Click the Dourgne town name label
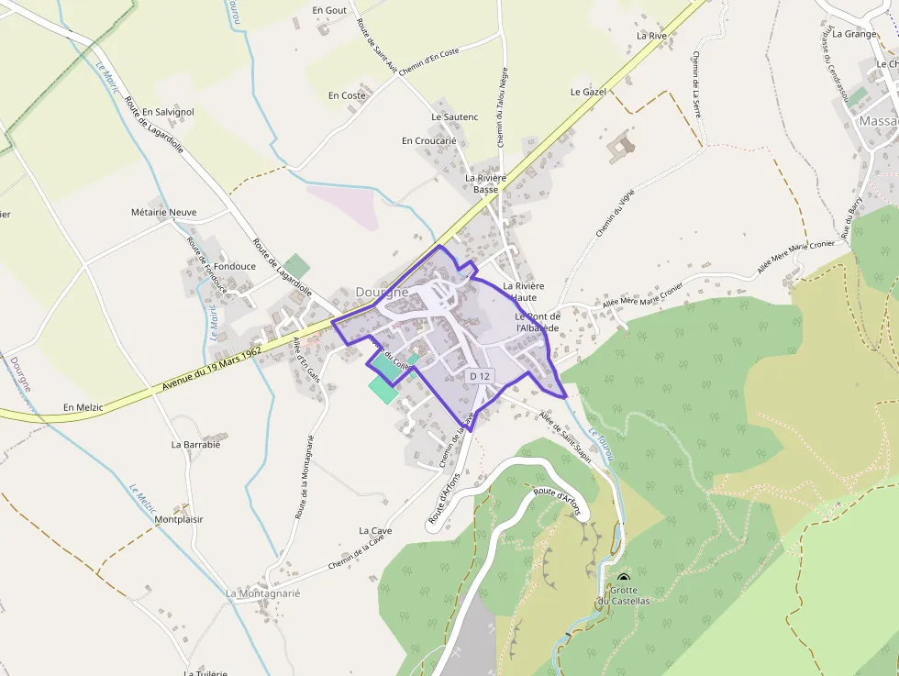point(382,292)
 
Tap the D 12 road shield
point(481,375)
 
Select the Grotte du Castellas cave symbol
point(624,578)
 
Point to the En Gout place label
point(329,10)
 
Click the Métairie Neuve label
point(164,212)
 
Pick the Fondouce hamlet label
point(235,266)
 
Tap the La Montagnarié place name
point(263,593)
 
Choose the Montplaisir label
point(179,519)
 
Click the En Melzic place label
point(85,406)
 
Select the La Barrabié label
point(196,444)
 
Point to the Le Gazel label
point(589,92)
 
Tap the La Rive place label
point(651,35)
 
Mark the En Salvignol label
point(168,112)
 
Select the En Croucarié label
point(428,140)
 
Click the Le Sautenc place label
point(455,116)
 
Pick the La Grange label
point(854,34)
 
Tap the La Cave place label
point(375,530)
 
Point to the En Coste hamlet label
point(347,95)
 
